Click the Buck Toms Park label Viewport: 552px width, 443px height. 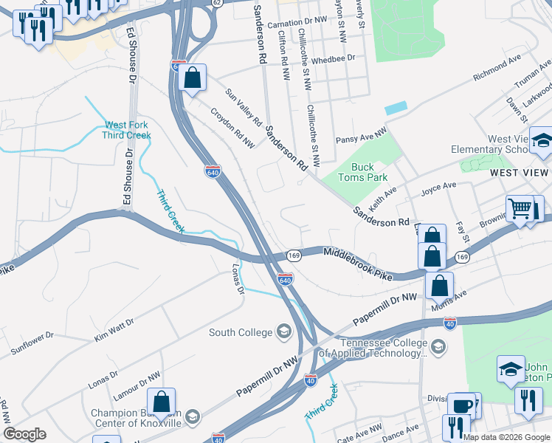tap(362, 172)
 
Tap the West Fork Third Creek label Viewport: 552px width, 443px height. tap(127, 130)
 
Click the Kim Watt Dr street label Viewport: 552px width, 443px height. tap(114, 329)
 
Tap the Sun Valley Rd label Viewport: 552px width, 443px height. tap(244, 106)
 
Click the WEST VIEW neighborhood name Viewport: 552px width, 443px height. tap(520, 172)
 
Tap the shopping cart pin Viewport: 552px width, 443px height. tap(520, 209)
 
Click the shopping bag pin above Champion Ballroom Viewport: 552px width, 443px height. tap(161, 403)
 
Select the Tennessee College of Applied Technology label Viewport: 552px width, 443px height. tap(383, 348)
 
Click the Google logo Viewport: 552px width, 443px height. tap(24, 434)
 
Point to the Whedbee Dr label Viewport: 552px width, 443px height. tap(334, 58)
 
